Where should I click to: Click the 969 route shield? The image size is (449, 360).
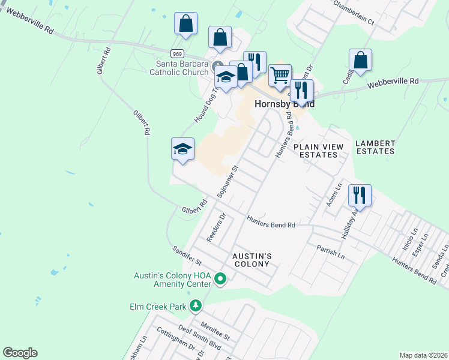176,53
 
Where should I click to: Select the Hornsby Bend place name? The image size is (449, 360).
285,103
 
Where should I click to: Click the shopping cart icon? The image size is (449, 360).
280,75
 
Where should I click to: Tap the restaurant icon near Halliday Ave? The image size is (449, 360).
360,194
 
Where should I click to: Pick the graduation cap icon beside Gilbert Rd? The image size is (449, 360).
182,149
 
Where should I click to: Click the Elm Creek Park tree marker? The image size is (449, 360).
195,307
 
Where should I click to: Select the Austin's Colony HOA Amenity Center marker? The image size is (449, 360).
220,278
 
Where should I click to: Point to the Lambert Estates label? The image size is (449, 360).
375,147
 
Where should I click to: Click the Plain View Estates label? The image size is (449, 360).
318,151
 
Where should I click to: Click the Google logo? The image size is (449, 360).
20,353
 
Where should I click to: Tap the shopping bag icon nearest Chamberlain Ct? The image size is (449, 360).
360,60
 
